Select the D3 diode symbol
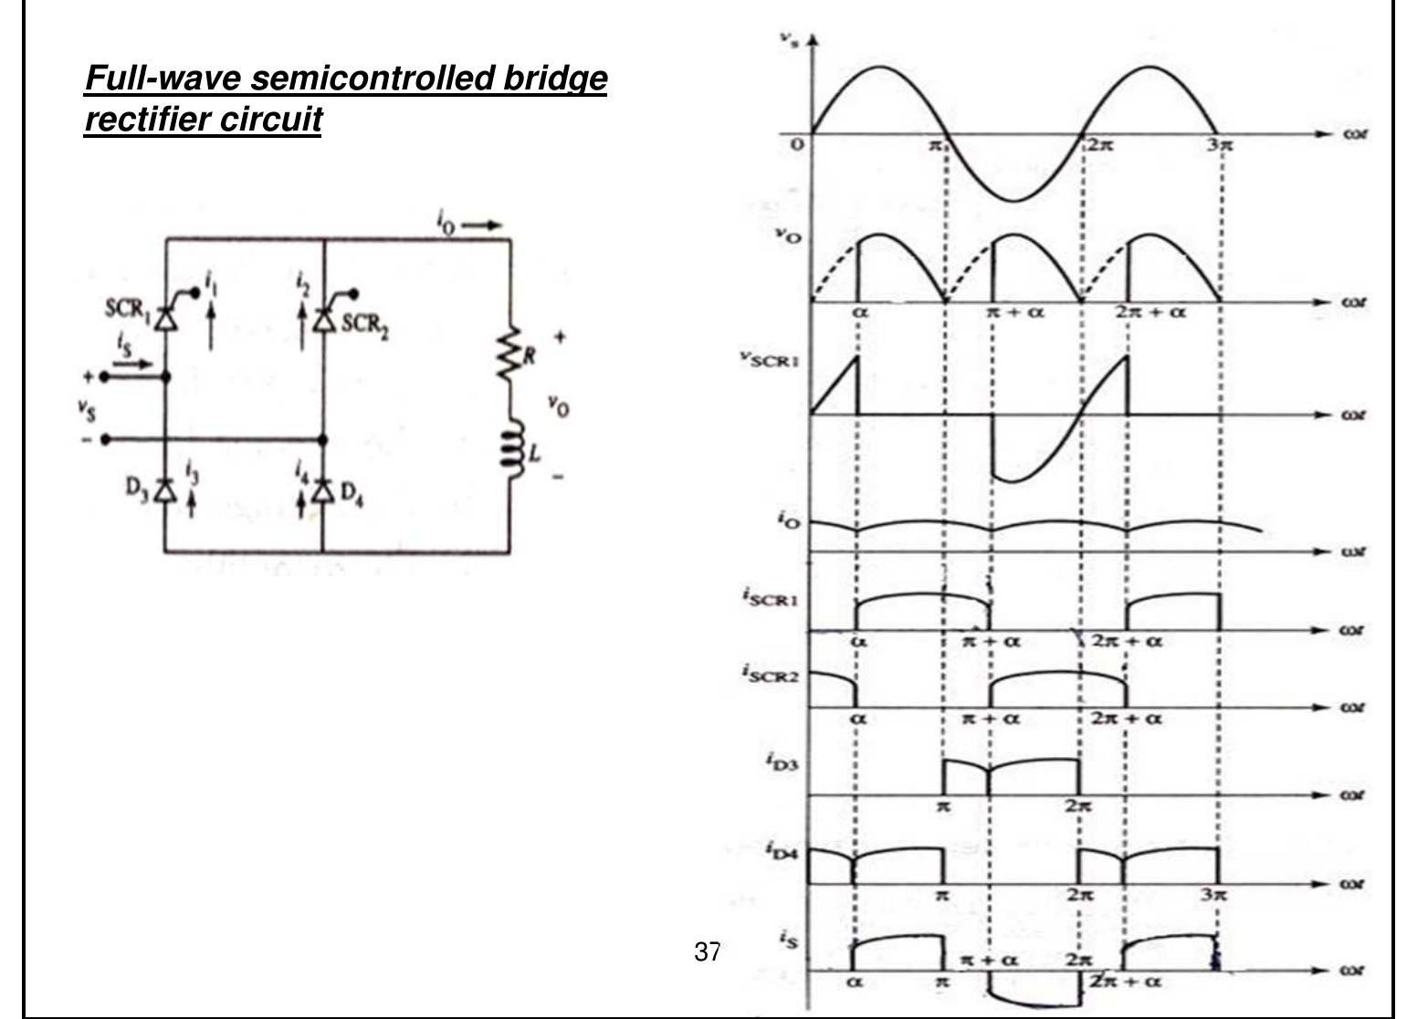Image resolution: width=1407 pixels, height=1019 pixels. tap(165, 491)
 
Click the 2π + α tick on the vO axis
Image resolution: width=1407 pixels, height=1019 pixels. tap(1150, 311)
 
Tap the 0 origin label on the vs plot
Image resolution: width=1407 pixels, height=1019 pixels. tap(797, 145)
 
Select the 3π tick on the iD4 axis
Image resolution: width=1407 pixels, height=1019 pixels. tap(1213, 896)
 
